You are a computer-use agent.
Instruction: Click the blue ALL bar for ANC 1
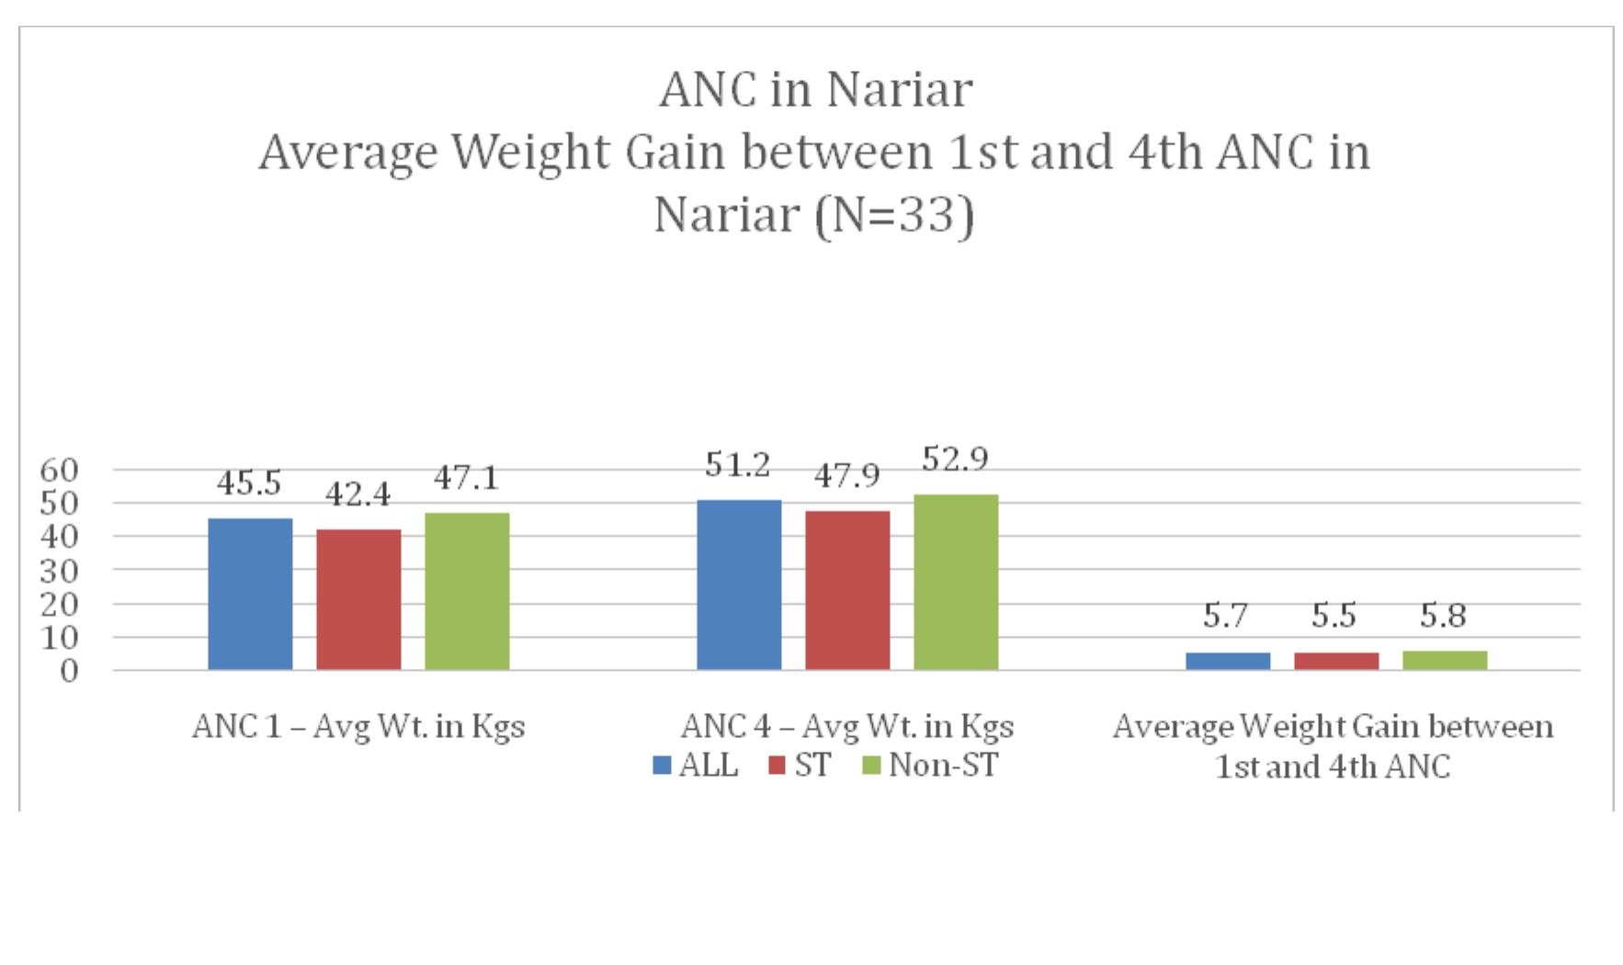250,594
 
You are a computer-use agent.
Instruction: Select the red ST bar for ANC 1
358,599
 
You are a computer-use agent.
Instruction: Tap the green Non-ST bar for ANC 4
955,582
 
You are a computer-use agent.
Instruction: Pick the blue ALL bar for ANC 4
739,585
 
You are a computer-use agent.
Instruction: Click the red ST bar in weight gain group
1335,661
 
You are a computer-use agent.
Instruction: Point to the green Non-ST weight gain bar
1444,660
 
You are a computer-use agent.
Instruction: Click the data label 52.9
954,459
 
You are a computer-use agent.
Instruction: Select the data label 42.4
358,495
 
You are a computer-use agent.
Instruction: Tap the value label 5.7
1227,617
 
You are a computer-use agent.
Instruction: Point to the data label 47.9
846,475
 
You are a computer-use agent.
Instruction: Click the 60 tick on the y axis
60,470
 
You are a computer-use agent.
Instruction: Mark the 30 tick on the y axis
60,570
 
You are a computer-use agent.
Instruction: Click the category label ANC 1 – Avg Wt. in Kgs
358,727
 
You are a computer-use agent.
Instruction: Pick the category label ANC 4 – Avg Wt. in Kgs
846,727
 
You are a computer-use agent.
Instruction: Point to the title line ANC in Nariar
814,90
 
